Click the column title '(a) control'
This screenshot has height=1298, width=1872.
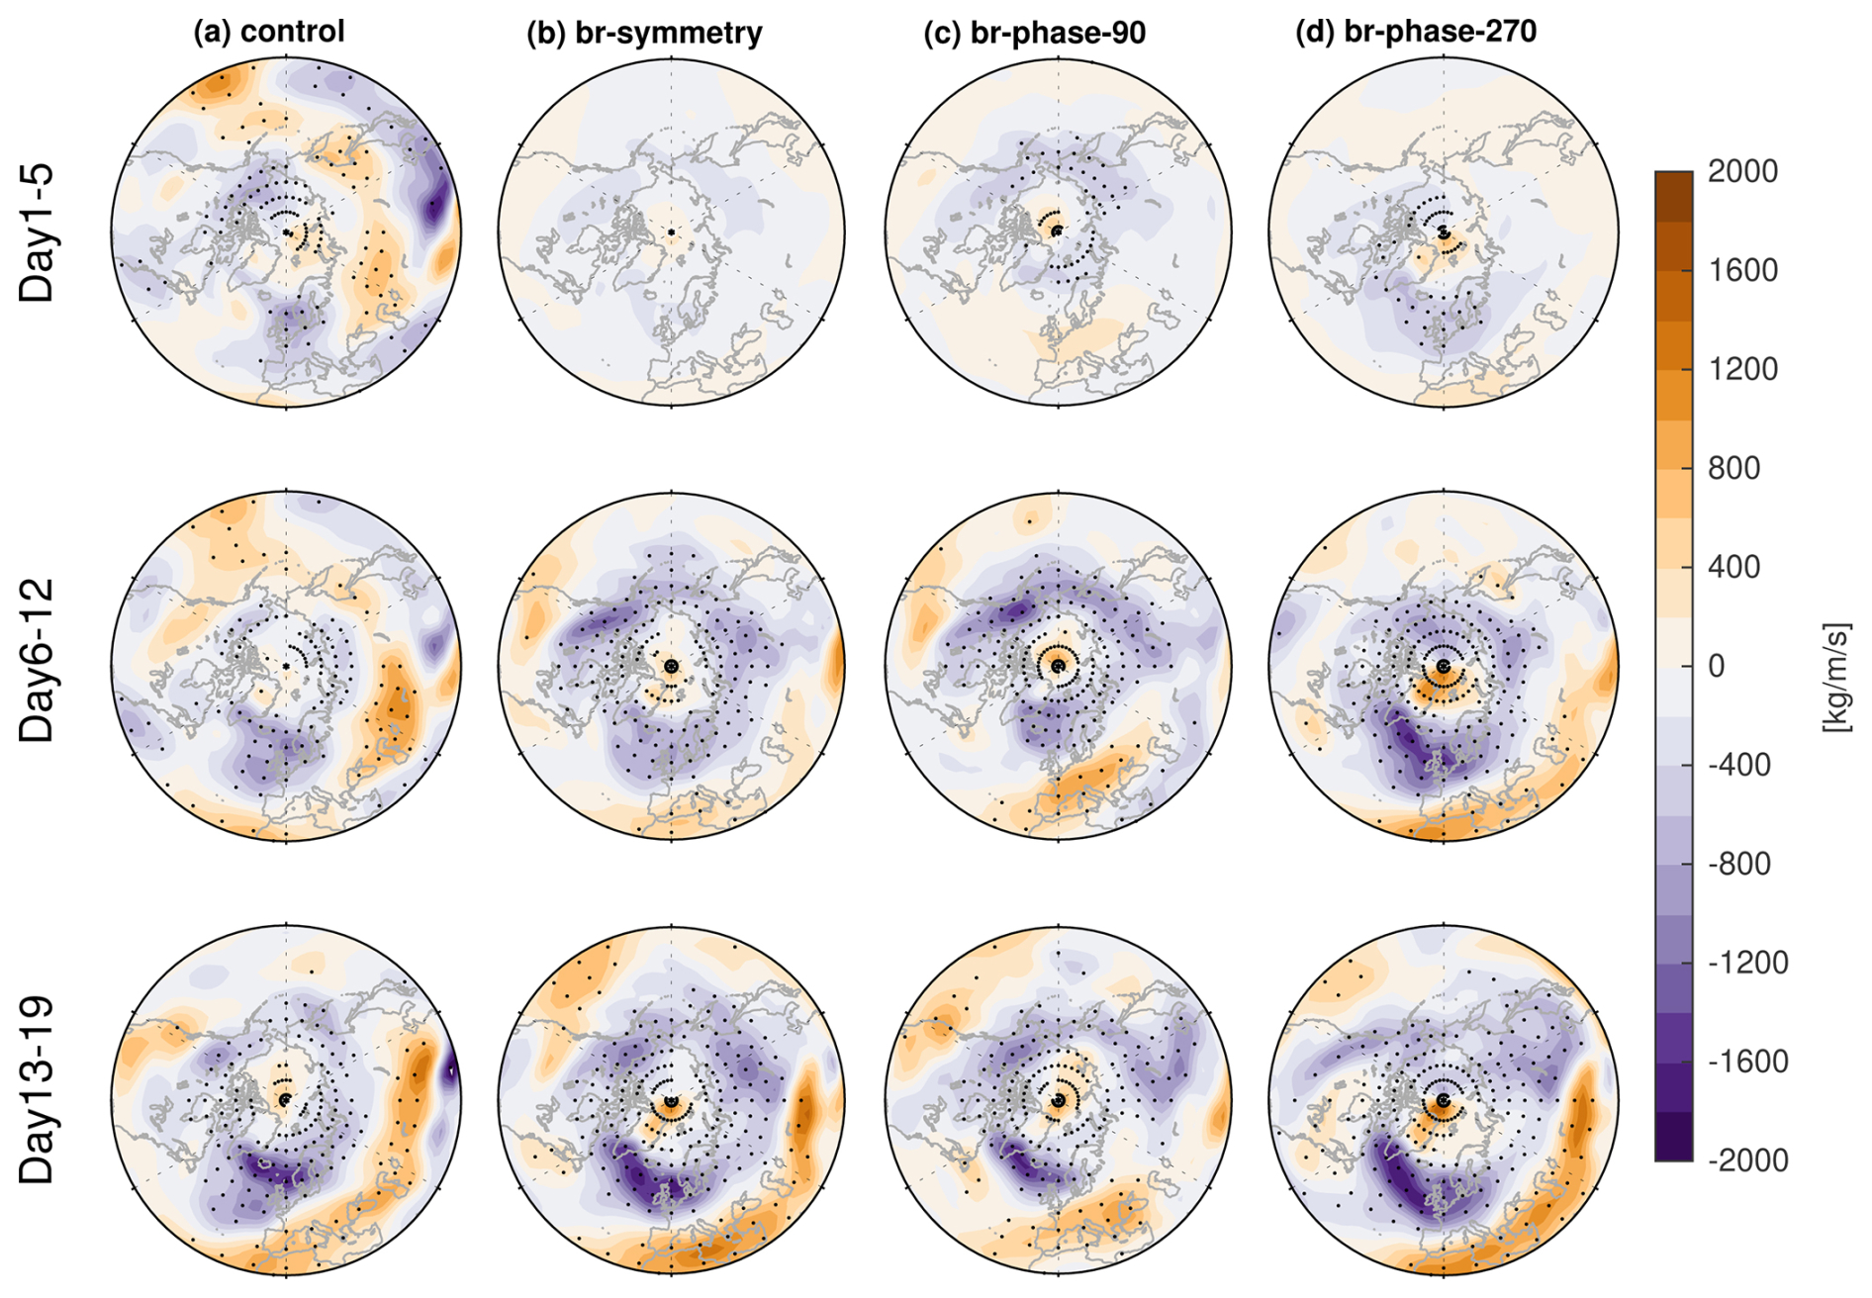click(268, 32)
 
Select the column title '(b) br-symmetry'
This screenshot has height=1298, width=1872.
click(644, 33)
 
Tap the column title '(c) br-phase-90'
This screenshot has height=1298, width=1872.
click(1034, 33)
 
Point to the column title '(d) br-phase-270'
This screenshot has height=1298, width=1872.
click(1416, 32)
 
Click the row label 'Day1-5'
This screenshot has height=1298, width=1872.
click(38, 233)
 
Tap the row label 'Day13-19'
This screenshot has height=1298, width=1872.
click(38, 1090)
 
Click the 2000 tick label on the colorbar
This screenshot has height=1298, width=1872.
click(1742, 171)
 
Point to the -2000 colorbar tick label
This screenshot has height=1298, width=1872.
click(1747, 1159)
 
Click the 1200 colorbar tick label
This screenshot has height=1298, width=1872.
click(1742, 369)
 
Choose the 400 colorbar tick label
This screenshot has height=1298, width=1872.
click(1734, 567)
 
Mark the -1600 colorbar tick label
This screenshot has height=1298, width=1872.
click(1747, 1062)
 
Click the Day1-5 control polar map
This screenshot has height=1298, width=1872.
click(286, 232)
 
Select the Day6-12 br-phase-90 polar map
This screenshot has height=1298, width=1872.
click(1058, 666)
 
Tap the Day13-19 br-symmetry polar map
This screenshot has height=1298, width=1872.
click(672, 1099)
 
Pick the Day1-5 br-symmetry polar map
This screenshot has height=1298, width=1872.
click(672, 232)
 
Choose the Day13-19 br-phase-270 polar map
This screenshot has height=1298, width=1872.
click(1443, 1099)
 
